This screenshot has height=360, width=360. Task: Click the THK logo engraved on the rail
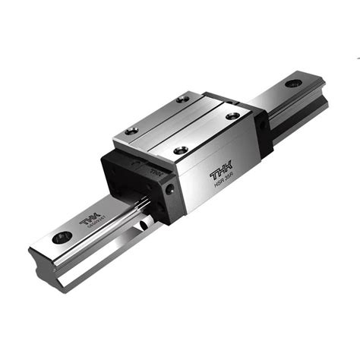86,218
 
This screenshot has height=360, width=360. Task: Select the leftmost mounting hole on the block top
131,131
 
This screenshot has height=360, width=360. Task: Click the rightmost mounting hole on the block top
233,115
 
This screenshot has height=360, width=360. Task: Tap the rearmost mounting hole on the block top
183,99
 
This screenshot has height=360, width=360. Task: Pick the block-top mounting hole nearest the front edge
180,150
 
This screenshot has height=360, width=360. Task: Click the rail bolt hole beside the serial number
59,238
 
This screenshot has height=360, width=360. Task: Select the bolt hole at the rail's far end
292,83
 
